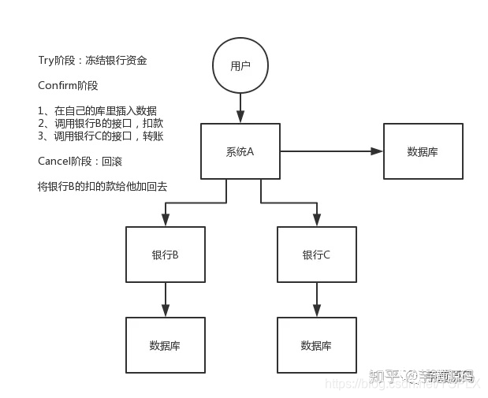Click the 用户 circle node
[240, 66]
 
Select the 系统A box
[240, 151]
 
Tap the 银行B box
[165, 255]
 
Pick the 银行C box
[316, 255]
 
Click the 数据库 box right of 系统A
[423, 151]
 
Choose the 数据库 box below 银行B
[165, 345]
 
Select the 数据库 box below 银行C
[316, 345]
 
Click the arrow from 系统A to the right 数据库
[331, 151]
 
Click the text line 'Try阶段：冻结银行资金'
[92, 61]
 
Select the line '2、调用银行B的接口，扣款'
[100, 124]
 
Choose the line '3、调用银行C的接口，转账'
[100, 136]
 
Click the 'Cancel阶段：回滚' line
[80, 162]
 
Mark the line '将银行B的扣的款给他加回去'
[102, 187]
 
